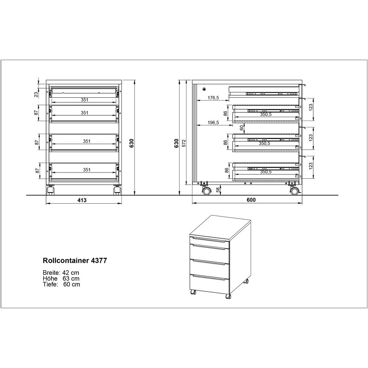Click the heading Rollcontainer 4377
75,260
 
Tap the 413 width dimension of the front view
82,200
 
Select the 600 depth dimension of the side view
251,200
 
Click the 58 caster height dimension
218,190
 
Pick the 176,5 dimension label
213,98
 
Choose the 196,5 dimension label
213,123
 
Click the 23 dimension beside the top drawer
36,94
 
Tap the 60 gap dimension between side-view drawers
242,128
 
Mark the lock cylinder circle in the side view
204,89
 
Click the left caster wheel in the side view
206,191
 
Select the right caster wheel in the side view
294,191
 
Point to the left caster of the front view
50,190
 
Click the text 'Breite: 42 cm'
61,273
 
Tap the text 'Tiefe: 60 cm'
61,285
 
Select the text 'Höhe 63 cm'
61,278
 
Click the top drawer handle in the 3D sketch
209,240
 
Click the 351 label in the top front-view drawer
85,100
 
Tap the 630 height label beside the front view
132,143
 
